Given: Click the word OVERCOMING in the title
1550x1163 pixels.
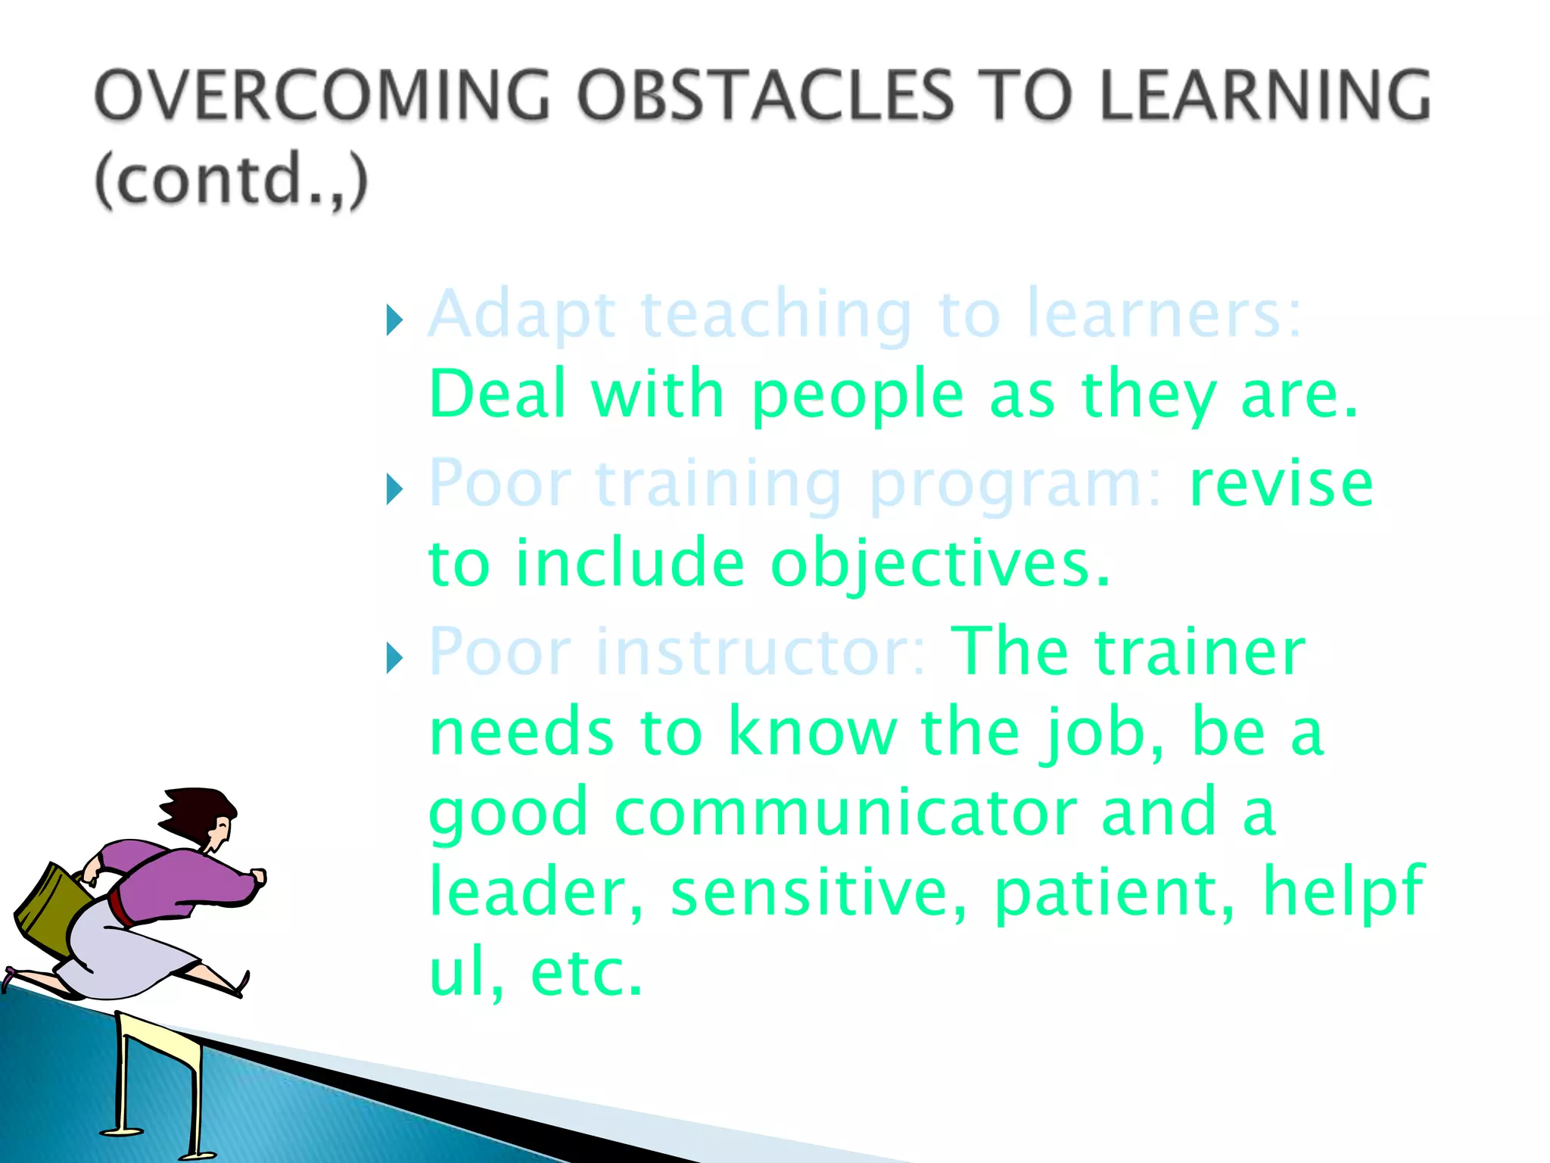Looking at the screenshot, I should (322, 95).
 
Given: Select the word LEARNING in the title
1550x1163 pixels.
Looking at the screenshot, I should (1265, 95).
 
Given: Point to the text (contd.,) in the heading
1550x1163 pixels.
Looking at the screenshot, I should (232, 180).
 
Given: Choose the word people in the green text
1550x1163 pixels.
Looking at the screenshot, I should (857, 395).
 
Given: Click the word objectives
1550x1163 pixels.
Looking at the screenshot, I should (939, 563).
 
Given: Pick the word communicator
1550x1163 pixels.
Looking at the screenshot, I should (846, 812).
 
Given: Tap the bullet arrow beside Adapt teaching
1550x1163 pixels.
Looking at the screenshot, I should (394, 320).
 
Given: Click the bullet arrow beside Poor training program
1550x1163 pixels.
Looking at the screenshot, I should (394, 489).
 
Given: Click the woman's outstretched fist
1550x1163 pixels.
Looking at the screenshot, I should (258, 877).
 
